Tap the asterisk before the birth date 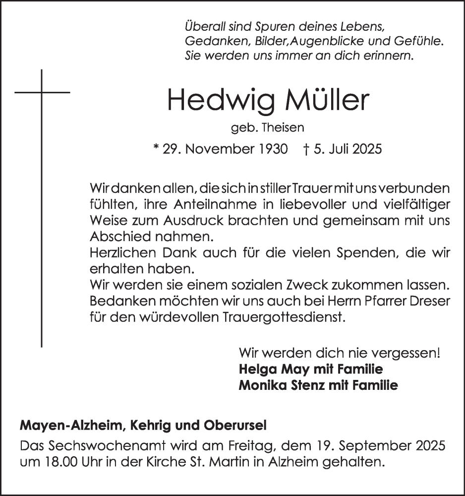(x=156, y=148)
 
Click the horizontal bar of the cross (x=42, y=92)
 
